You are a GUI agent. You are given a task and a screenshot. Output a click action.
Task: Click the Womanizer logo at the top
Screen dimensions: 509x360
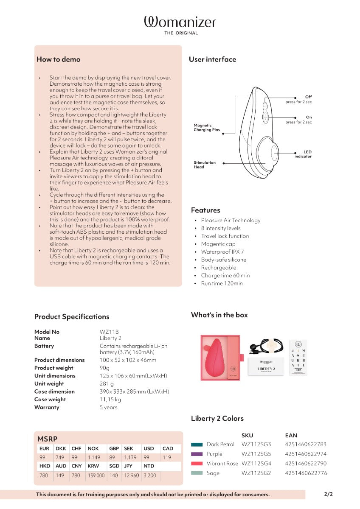coord(180,22)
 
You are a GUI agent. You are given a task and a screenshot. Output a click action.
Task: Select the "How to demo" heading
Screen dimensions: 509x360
coord(58,59)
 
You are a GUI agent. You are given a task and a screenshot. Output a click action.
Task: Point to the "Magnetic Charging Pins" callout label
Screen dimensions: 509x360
coord(207,128)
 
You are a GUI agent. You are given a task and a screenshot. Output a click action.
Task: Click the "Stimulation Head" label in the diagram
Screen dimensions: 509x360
coord(205,165)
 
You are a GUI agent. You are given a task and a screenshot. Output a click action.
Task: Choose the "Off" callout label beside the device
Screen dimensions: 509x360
coord(308,97)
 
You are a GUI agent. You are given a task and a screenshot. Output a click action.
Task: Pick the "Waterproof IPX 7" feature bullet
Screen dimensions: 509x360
coord(222,252)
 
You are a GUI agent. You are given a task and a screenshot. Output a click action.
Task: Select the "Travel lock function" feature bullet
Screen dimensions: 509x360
coord(225,236)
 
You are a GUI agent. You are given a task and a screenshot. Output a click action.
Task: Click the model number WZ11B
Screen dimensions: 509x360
coord(109,332)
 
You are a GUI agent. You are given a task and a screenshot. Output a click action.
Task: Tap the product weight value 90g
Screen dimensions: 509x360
coord(104,368)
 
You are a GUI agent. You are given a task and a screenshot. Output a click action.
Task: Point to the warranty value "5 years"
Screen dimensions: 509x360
coord(109,407)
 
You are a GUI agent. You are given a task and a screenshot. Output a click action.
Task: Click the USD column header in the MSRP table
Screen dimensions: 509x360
coord(149,448)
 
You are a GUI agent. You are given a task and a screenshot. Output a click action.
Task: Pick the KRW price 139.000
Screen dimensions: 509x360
coord(96,475)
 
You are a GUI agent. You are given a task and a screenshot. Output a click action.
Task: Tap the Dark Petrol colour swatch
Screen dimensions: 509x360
coord(197,445)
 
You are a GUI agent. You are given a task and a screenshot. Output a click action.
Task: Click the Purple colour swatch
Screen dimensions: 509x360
coord(197,454)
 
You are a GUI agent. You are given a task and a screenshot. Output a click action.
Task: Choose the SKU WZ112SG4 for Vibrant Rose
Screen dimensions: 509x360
coord(256,464)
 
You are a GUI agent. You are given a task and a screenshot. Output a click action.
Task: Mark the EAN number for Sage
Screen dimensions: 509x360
coord(306,473)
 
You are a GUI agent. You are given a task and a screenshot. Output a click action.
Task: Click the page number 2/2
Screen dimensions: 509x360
coord(329,494)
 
